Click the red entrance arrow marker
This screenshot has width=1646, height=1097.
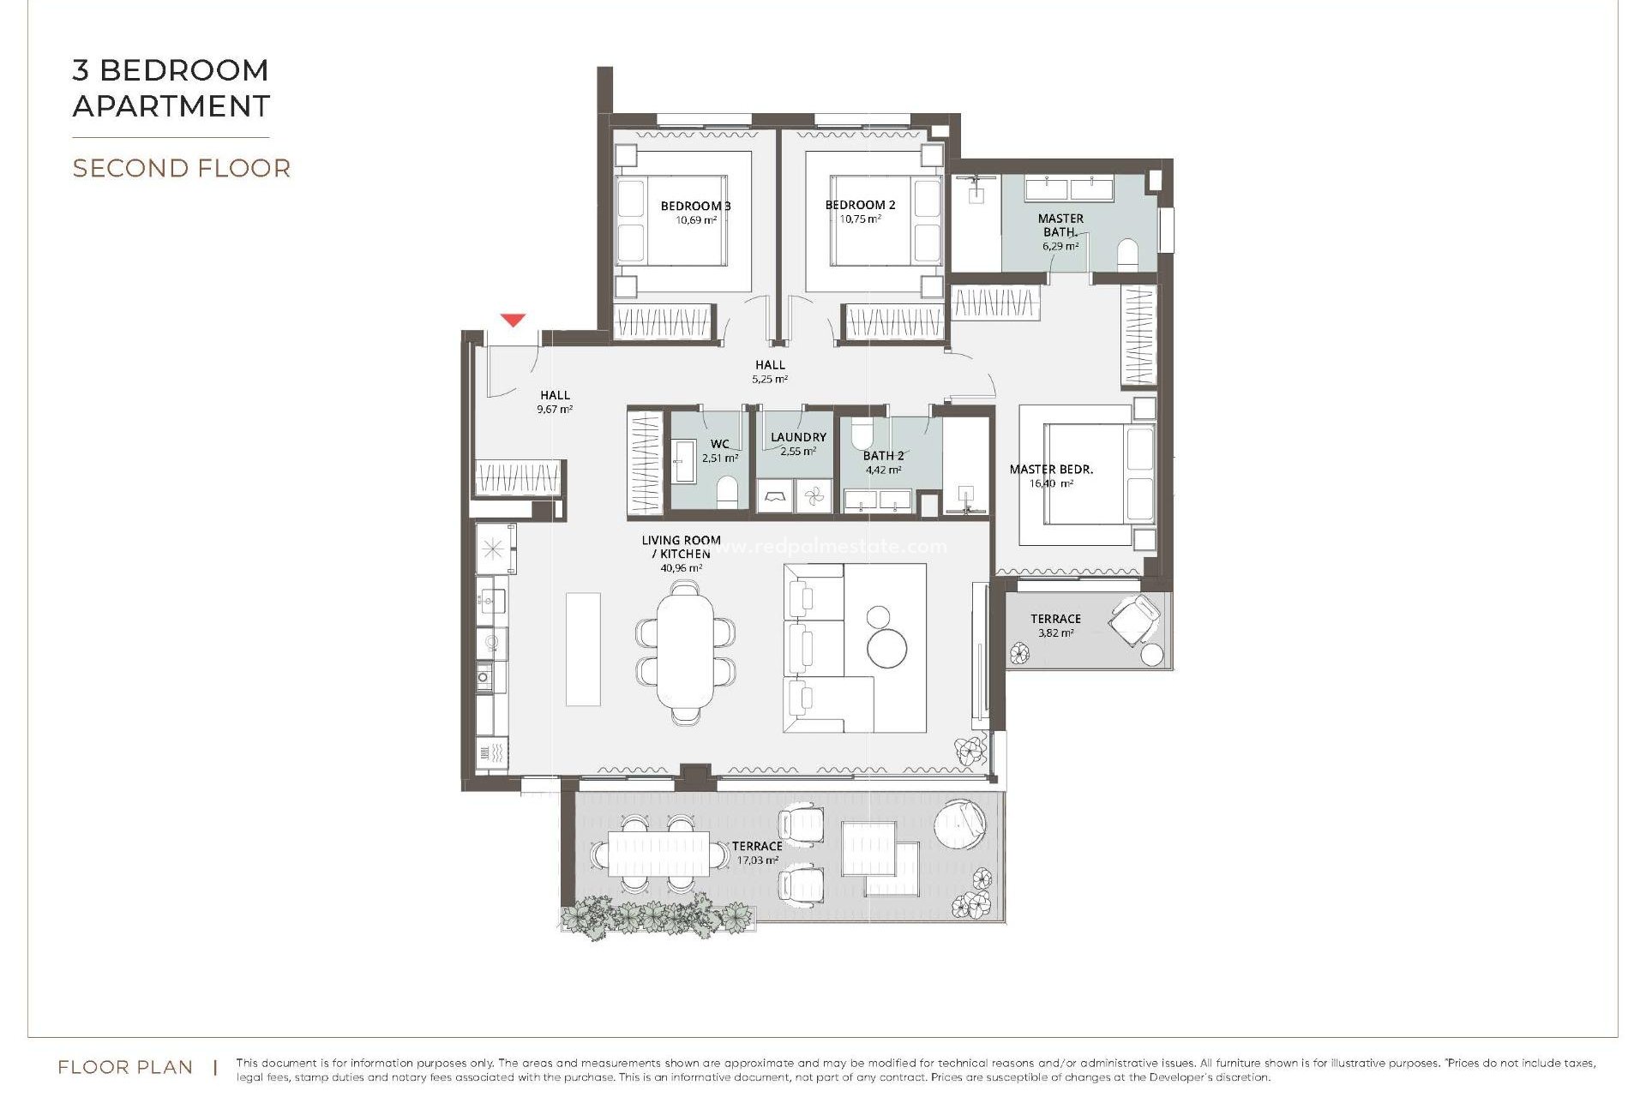tap(513, 321)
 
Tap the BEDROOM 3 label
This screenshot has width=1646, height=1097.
tap(695, 206)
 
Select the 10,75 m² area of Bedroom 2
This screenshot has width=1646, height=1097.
tap(860, 219)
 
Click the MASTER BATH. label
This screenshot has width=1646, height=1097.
tap(1060, 225)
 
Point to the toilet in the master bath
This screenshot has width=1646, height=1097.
tap(1127, 255)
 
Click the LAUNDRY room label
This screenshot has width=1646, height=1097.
tap(798, 437)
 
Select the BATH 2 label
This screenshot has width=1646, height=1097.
tap(883, 456)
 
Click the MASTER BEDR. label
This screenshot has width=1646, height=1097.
tap(1051, 470)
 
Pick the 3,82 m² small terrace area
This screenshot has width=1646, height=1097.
tap(1055, 633)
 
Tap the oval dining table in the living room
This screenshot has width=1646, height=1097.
tap(685, 651)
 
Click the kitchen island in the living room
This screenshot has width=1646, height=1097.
tap(583, 649)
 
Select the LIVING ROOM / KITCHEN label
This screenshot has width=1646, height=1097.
tap(681, 547)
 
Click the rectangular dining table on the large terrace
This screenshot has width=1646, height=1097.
tap(658, 854)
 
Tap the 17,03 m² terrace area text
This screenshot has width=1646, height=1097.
tap(756, 860)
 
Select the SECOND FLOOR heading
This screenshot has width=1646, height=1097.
tap(182, 168)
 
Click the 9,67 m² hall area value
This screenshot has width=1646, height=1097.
tap(555, 410)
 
